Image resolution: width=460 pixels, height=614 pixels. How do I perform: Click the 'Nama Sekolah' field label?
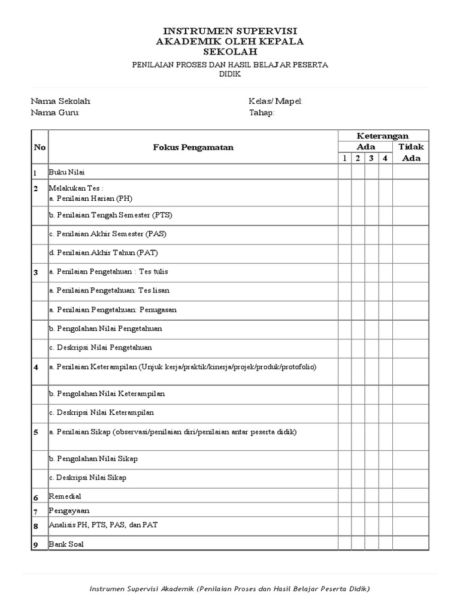click(x=60, y=101)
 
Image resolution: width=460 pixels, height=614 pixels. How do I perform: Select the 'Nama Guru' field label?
click(x=55, y=113)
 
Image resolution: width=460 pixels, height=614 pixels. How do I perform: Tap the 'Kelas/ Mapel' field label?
click(x=276, y=101)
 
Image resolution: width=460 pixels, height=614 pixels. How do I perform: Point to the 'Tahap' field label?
click(x=262, y=113)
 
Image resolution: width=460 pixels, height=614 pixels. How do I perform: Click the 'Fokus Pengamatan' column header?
click(x=193, y=147)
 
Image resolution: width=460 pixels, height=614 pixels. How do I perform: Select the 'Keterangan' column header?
click(x=383, y=136)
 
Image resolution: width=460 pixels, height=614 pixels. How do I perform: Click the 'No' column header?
click(x=40, y=147)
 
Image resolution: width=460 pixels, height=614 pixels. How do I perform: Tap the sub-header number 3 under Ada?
click(x=371, y=158)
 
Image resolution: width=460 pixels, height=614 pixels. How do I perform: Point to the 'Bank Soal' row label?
click(x=66, y=544)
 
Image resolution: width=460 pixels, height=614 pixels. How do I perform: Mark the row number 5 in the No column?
click(x=36, y=432)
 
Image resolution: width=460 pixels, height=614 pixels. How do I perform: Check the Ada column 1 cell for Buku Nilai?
click(x=344, y=172)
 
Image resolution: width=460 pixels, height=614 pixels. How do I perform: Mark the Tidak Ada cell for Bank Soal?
click(x=411, y=544)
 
